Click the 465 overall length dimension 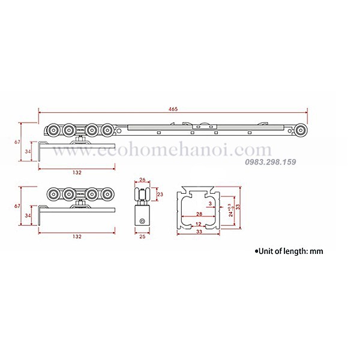click(173, 109)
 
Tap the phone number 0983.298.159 click(271, 162)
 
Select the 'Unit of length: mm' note click(289, 251)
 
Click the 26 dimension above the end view click(142, 180)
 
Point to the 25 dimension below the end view click(142, 236)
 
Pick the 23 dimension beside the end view click(160, 194)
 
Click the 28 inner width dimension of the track click(199, 214)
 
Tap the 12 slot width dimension click(199, 224)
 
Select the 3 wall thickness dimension click(210, 203)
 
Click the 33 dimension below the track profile click(199, 232)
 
